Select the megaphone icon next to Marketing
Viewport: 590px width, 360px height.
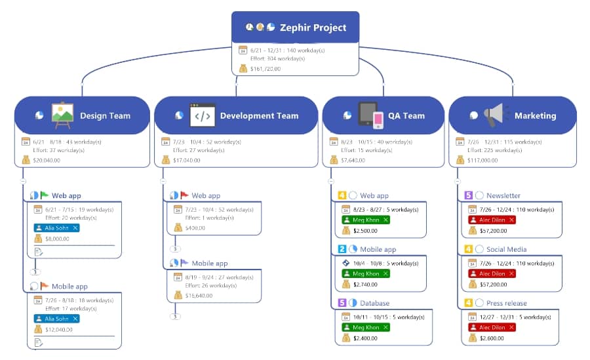(x=495, y=115)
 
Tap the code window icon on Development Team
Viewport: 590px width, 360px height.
(x=202, y=115)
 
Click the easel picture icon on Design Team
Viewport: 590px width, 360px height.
(x=62, y=115)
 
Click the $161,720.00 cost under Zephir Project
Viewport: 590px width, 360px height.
(x=265, y=68)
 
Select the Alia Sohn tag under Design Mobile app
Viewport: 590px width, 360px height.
(x=56, y=319)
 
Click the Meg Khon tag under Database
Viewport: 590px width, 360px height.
(x=365, y=327)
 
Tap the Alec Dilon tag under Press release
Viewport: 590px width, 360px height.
(x=492, y=327)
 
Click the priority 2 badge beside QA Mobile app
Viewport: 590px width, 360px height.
(x=342, y=249)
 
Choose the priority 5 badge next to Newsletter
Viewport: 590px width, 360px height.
(x=468, y=195)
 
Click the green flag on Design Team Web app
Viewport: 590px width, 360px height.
(x=45, y=195)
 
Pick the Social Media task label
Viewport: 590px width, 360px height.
(x=506, y=249)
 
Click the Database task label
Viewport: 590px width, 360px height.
(x=374, y=303)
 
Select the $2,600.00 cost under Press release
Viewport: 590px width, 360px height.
(x=493, y=338)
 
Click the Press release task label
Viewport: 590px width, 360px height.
(x=506, y=303)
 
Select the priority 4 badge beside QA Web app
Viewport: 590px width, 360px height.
(x=342, y=195)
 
